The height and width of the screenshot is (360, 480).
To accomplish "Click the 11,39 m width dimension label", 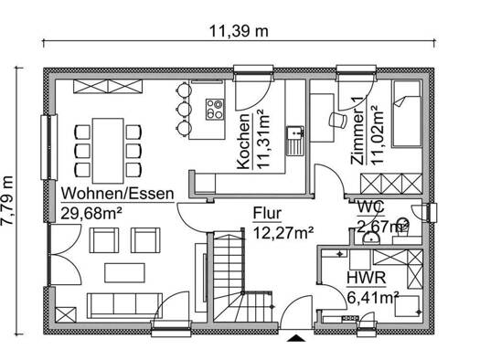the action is click(x=239, y=31).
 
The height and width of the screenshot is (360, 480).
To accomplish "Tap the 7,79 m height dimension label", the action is click(x=7, y=200).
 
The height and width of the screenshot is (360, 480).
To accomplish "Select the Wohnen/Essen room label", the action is click(x=118, y=194).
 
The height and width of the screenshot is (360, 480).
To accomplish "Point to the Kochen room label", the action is click(x=244, y=142).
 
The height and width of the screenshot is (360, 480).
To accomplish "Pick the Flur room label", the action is click(x=267, y=213).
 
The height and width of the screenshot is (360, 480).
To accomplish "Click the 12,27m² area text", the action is click(x=283, y=233).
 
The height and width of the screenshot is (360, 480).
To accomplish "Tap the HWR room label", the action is click(x=366, y=279).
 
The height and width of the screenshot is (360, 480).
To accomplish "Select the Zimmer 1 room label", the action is click(x=357, y=132).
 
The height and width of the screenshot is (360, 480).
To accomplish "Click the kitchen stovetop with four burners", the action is click(x=215, y=110).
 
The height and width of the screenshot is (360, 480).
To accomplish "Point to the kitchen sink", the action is click(x=295, y=141).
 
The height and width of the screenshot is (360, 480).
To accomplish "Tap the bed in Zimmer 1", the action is click(x=406, y=114).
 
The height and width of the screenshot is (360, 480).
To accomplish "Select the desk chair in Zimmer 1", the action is click(x=337, y=120).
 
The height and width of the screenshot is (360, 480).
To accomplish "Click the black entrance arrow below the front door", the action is click(x=295, y=338).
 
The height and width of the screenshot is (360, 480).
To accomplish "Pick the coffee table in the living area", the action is click(x=124, y=273).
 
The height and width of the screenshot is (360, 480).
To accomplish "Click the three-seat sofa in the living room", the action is click(x=124, y=305).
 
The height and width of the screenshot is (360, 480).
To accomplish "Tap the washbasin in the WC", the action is click(x=371, y=238).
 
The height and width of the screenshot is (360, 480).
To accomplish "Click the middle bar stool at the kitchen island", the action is click(x=184, y=109).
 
